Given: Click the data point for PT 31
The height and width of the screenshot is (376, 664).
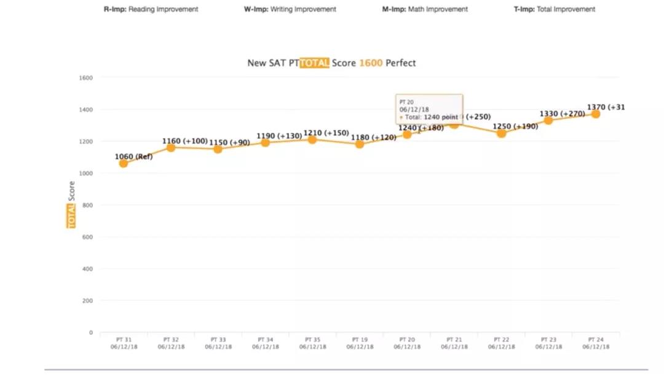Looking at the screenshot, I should pos(124,163).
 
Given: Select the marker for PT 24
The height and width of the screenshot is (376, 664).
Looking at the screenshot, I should pos(595,114).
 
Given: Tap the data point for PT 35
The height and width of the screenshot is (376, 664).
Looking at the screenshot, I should pos(312,140).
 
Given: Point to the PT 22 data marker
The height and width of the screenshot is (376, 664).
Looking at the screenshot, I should pos(501,133).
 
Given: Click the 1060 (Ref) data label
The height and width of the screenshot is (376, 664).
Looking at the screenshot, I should pos(133,156).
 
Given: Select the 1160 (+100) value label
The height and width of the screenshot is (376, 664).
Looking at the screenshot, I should pos(184,141).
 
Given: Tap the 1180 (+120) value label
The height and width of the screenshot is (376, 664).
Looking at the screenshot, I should pos(373,137).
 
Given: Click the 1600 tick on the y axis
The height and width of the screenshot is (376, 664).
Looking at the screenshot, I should pos(85,78).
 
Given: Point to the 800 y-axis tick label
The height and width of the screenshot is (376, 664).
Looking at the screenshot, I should pos(87,205).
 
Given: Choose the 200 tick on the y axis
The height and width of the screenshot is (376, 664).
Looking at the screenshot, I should pos(87,301).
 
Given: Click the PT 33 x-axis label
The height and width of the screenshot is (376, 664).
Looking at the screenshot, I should pos(218,339).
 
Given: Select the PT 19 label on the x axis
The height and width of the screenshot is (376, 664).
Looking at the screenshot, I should pos(360,339).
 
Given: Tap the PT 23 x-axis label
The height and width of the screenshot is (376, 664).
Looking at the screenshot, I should pos(548,339).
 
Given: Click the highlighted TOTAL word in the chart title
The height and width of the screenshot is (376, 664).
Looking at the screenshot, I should pos(314,63).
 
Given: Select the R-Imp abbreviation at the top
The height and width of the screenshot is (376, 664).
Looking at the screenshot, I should pos(115,9).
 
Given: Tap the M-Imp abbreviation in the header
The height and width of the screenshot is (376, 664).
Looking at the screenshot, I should pos(393,9).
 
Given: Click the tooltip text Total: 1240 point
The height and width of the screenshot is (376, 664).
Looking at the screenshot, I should pos(431,116).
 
